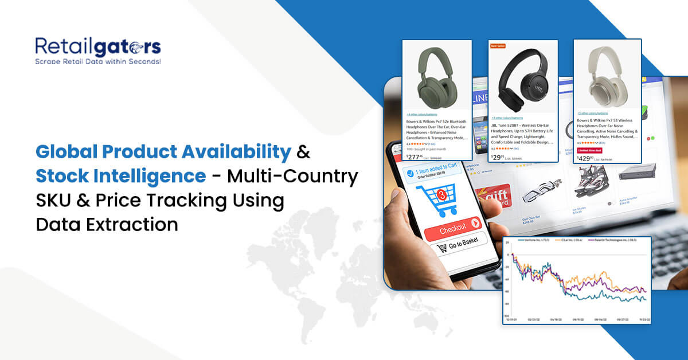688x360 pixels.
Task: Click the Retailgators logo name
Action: coord(97,46)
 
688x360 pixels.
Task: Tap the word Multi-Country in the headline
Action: coord(293,177)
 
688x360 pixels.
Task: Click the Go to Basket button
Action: coord(462,248)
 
